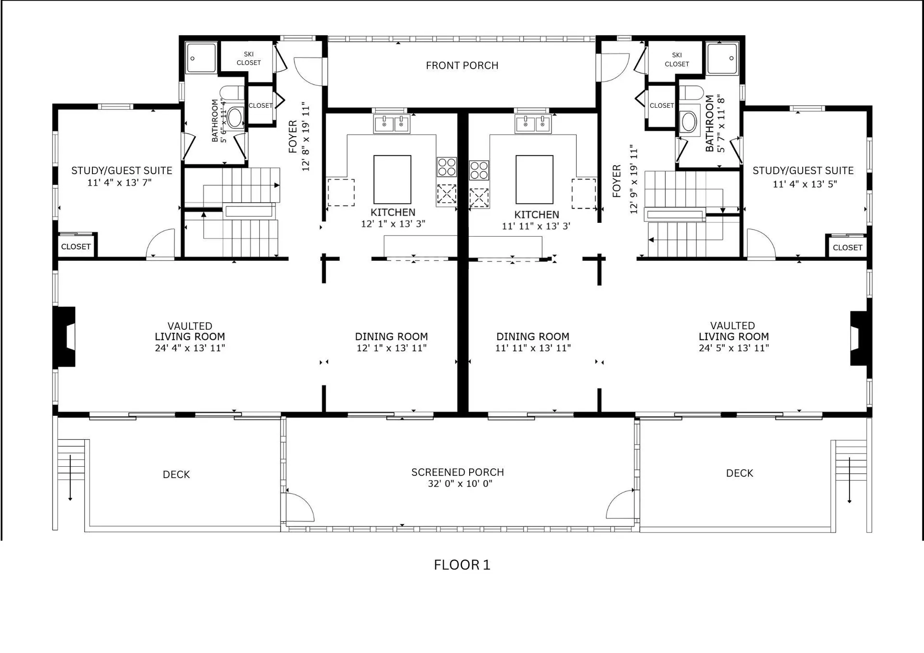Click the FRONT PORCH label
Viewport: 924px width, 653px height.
click(x=462, y=65)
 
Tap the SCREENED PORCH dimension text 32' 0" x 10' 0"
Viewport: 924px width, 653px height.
click(x=460, y=484)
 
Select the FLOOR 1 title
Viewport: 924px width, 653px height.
click(x=462, y=564)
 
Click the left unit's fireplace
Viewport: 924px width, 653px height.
click(x=64, y=337)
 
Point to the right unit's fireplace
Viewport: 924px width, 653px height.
click(x=861, y=338)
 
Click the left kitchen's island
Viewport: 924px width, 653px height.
click(x=392, y=179)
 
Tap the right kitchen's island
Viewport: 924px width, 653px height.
click(x=534, y=179)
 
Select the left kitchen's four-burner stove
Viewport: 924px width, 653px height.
click(x=447, y=167)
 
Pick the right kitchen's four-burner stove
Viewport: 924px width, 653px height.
click(x=479, y=170)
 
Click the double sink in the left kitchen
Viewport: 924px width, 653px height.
click(x=392, y=124)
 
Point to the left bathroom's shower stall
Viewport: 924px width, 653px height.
click(x=202, y=58)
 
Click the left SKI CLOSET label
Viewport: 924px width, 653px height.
click(x=249, y=58)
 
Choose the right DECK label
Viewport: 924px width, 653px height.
click(x=740, y=473)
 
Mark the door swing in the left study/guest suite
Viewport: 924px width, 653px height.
click(x=161, y=243)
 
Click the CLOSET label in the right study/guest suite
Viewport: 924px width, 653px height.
click(x=847, y=247)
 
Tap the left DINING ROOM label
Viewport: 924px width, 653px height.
click(x=391, y=336)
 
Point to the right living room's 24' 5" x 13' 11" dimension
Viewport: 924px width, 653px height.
click(x=734, y=348)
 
